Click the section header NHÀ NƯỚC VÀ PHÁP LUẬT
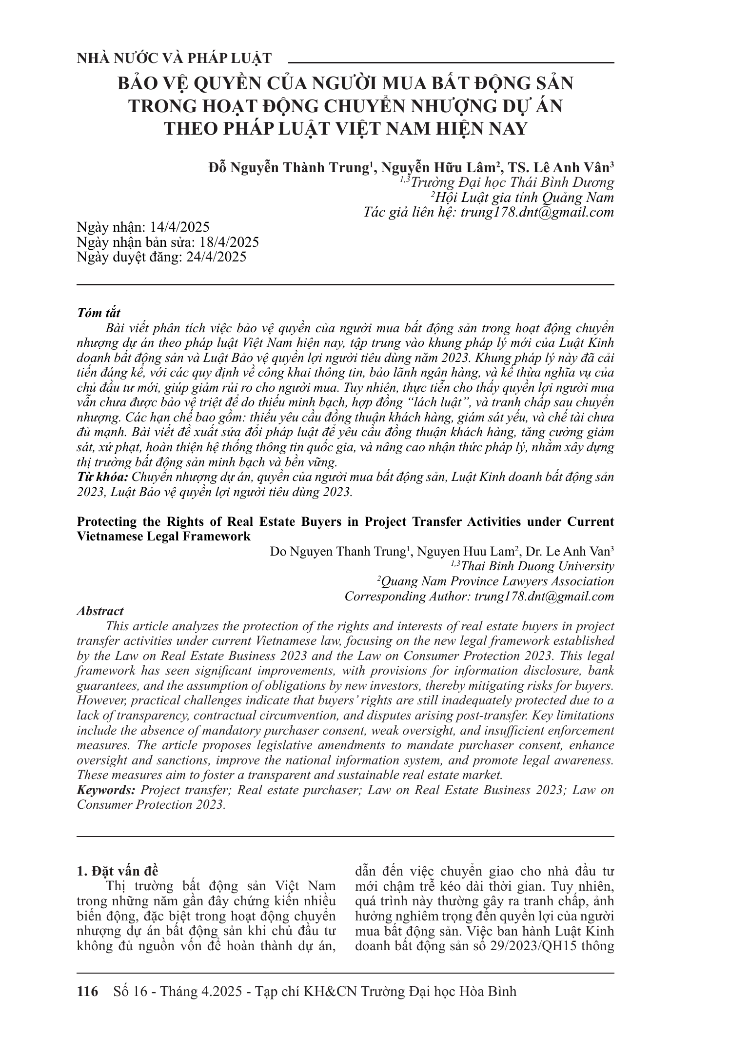(x=174, y=59)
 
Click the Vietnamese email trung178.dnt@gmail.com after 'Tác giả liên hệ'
(x=537, y=212)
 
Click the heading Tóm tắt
(x=99, y=313)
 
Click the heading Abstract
(x=100, y=611)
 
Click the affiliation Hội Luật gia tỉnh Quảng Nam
(x=522, y=198)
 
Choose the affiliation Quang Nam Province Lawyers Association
(x=496, y=581)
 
